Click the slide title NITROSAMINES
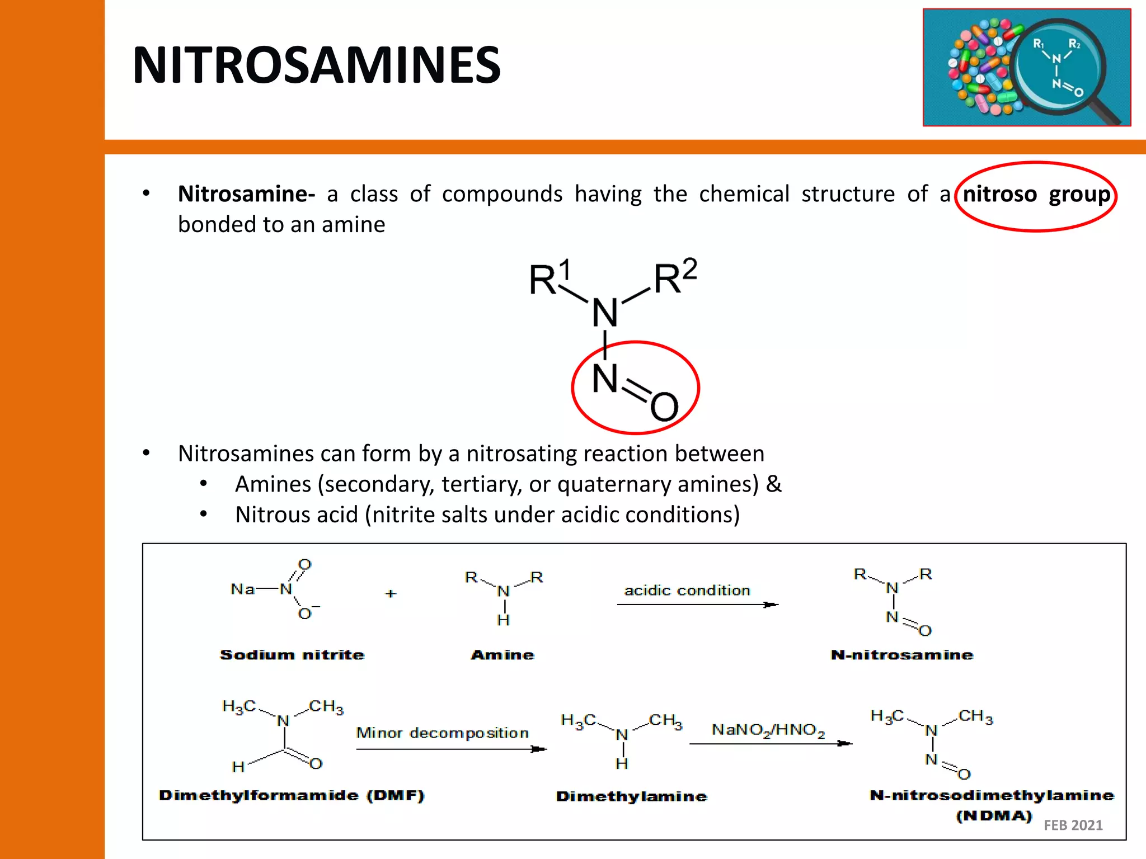click(317, 65)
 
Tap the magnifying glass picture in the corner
click(1026, 68)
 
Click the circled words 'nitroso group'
click(1036, 195)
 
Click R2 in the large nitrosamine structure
click(675, 277)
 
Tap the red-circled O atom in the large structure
click(664, 407)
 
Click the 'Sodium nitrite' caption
click(292, 655)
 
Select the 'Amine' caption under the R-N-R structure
click(502, 655)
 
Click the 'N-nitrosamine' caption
click(902, 655)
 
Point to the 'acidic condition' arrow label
click(687, 591)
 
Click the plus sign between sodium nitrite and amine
click(391, 593)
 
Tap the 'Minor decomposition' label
click(442, 733)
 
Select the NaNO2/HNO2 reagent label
click(768, 730)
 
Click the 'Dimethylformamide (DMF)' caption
click(292, 795)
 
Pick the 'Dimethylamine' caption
click(631, 796)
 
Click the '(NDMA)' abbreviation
click(994, 816)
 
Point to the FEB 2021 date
click(1073, 825)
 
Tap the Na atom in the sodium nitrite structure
click(243, 589)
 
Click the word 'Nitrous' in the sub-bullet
click(270, 515)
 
